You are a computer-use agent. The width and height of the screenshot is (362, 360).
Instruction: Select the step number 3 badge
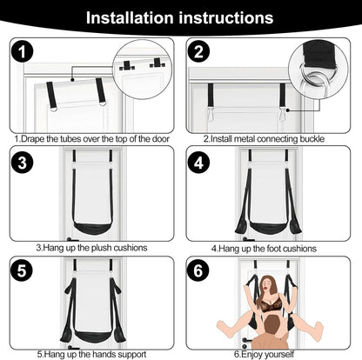24,163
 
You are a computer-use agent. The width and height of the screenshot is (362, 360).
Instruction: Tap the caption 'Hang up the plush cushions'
91,248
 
